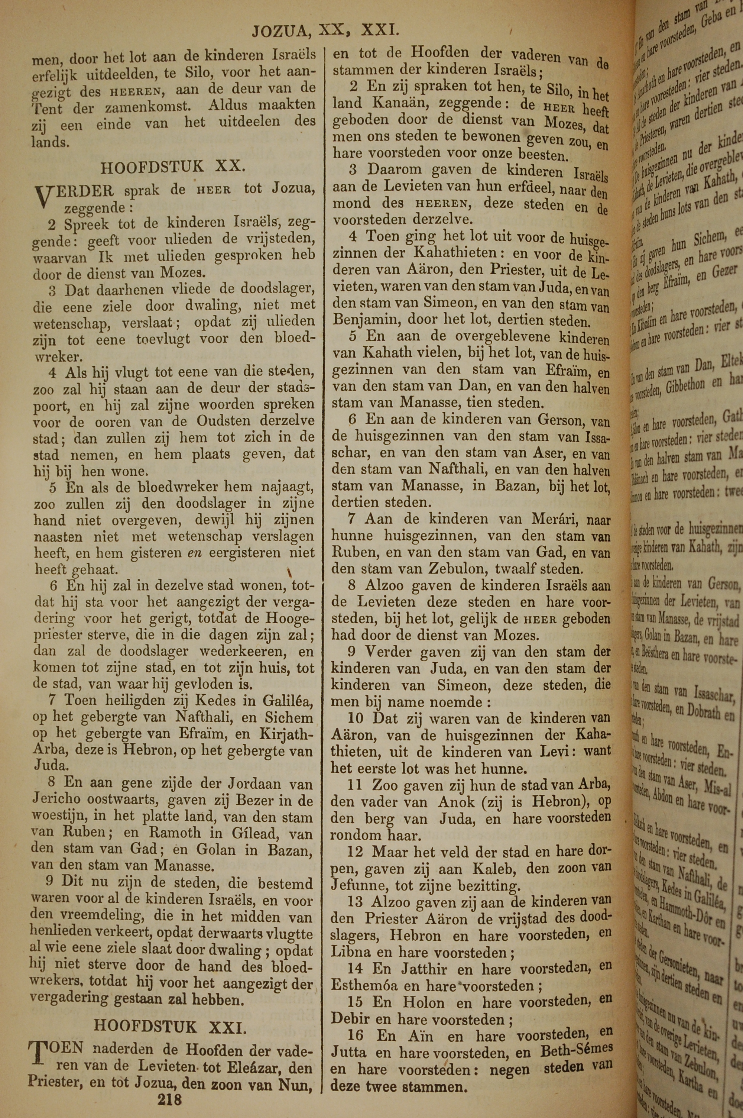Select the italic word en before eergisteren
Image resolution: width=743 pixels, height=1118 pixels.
point(192,553)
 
